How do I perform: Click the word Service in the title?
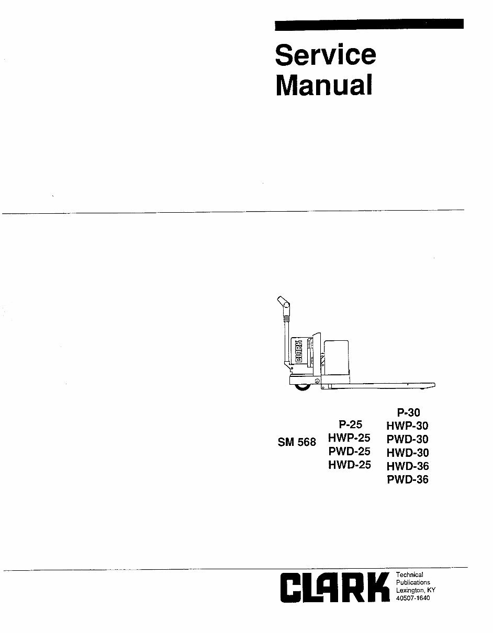(x=326, y=55)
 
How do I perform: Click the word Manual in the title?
(x=324, y=85)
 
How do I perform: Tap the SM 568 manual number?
(x=297, y=442)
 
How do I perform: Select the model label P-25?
(x=350, y=424)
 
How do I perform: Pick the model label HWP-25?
(x=349, y=438)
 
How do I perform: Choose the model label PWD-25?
(x=349, y=451)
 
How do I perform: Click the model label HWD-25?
(x=350, y=465)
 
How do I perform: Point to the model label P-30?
(x=408, y=412)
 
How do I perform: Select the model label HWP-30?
(x=407, y=426)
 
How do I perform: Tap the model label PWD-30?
(x=407, y=439)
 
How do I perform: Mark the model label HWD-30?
(x=408, y=453)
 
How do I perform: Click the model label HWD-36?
(x=408, y=466)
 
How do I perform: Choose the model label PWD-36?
(x=408, y=479)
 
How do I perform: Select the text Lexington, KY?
(x=416, y=590)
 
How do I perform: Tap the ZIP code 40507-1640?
(x=413, y=598)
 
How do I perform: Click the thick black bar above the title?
(x=369, y=25)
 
